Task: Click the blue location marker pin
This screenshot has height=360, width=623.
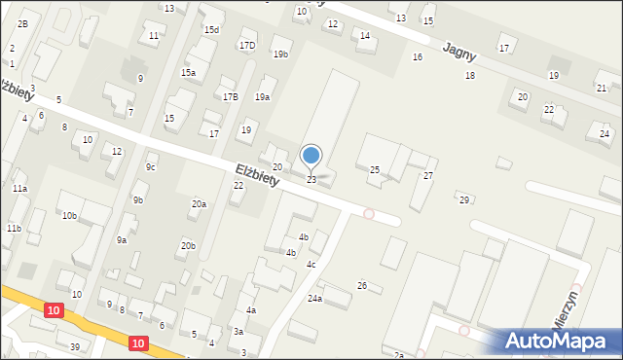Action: click(x=311, y=156)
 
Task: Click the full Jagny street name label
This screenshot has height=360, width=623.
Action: click(x=458, y=51)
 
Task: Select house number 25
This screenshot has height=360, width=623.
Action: click(x=374, y=170)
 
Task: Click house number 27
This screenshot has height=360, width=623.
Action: click(x=427, y=175)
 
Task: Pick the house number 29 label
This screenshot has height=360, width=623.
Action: click(x=464, y=199)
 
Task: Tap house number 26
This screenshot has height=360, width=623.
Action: click(x=362, y=285)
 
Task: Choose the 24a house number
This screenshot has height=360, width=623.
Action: click(x=314, y=298)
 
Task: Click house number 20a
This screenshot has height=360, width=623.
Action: click(x=199, y=204)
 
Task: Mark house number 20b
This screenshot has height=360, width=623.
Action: click(x=188, y=246)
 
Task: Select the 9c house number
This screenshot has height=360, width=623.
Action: click(x=151, y=166)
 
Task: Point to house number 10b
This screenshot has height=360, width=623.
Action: click(x=69, y=215)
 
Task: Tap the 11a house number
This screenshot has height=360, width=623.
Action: click(x=19, y=188)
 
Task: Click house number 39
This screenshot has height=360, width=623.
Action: click(x=74, y=346)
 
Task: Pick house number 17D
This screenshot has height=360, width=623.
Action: click(x=247, y=45)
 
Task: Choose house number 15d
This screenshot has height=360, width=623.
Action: click(x=211, y=30)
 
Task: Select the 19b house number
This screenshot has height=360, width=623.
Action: click(x=281, y=54)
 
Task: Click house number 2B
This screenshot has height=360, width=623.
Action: click(x=22, y=23)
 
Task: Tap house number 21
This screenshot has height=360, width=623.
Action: click(x=602, y=88)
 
